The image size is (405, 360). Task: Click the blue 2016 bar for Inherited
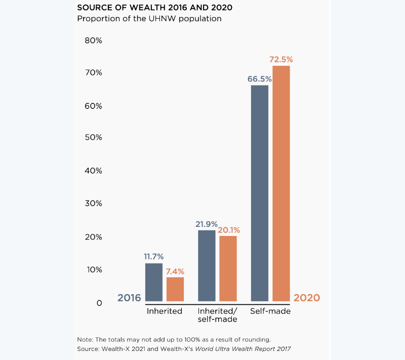pyautogui.click(x=154, y=282)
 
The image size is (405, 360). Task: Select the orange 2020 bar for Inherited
pyautogui.click(x=175, y=289)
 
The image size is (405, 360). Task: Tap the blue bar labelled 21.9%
pyautogui.click(x=207, y=265)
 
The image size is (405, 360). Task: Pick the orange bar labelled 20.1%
pyautogui.click(x=228, y=268)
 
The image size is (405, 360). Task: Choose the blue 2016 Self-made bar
pyautogui.click(x=260, y=193)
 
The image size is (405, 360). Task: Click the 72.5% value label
pyautogui.click(x=281, y=60)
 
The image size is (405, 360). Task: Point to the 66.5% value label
pyautogui.click(x=260, y=79)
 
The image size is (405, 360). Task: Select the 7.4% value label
pyautogui.click(x=175, y=271)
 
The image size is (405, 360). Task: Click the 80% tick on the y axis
pyautogui.click(x=93, y=41)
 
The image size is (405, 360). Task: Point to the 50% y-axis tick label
pyautogui.click(x=93, y=138)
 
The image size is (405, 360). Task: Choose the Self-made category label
pyautogui.click(x=270, y=311)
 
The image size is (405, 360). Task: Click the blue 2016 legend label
pyautogui.click(x=129, y=298)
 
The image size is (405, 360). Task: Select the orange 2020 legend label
pyautogui.click(x=306, y=298)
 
